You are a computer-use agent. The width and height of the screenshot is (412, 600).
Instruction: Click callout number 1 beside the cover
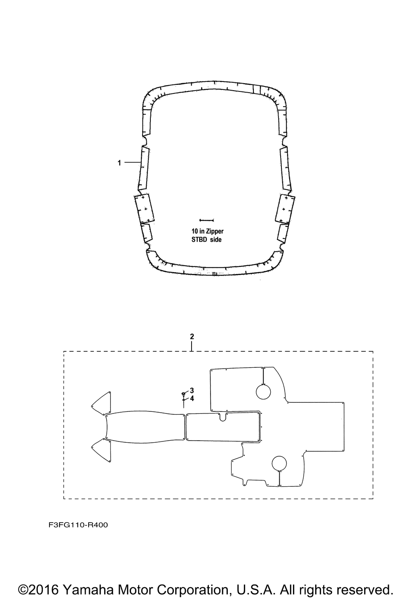119,163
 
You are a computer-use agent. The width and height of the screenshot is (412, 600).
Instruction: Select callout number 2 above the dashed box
192,336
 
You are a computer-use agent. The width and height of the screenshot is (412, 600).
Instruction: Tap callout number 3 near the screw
192,390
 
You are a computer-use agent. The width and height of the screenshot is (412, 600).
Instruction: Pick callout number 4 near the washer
192,398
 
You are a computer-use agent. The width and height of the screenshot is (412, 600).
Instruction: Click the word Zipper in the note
215,232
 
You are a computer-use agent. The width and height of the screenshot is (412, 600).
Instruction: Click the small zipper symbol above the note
206,220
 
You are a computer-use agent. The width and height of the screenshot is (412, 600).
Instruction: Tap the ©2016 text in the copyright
39,589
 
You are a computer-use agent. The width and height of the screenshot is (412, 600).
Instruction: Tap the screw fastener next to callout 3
183,395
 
